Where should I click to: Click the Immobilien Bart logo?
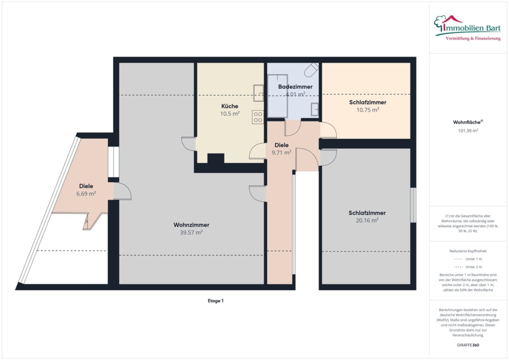(467, 28)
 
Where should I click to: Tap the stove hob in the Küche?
(258, 117)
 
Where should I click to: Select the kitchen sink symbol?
(258, 93)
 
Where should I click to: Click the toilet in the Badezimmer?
(311, 69)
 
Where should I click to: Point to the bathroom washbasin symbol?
(315, 109)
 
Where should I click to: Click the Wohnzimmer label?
(192, 225)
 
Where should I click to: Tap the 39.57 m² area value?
(192, 232)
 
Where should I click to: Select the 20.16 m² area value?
(367, 220)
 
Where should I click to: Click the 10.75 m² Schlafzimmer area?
(368, 110)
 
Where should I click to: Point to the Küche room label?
(230, 106)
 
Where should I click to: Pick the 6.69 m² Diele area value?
(86, 194)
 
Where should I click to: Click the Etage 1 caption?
(216, 301)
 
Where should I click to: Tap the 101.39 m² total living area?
(468, 131)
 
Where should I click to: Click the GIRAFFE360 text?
(468, 345)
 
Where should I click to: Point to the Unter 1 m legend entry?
(468, 259)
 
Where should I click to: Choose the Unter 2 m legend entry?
(468, 267)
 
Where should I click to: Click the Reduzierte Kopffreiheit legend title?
(468, 251)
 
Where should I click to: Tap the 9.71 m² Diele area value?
(281, 153)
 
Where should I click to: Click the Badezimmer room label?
(295, 87)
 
